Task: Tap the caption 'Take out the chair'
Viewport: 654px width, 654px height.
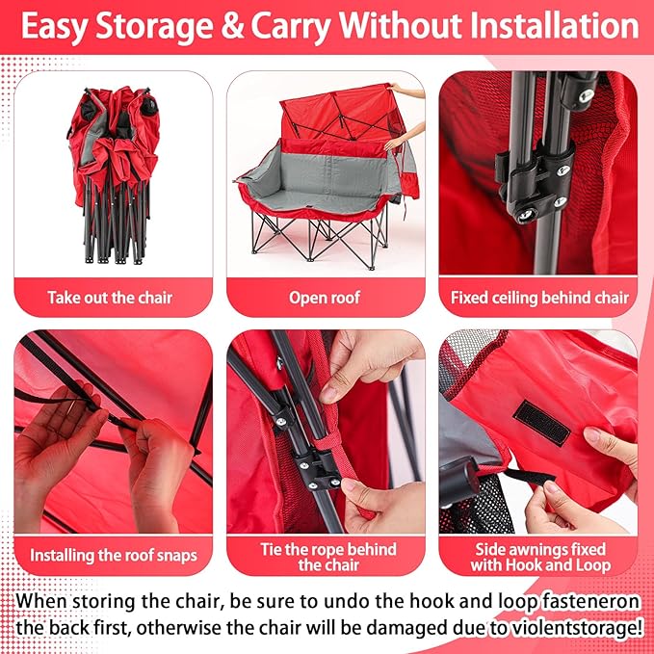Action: point(110,298)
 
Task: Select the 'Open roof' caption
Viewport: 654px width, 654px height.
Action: point(325,298)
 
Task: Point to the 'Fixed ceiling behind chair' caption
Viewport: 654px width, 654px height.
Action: point(539,298)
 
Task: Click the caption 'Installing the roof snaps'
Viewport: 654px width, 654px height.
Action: point(114,555)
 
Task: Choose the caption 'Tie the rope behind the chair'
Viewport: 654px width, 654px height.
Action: point(328,558)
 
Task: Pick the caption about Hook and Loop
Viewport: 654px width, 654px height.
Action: point(540,558)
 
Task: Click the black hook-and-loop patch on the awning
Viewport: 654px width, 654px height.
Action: point(541,423)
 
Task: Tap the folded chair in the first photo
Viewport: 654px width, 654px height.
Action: point(114,175)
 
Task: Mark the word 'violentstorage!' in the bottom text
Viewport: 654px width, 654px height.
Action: point(564,627)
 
